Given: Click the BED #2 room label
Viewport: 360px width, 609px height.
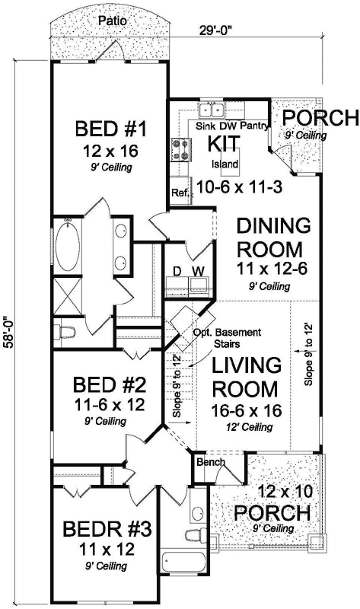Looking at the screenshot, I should pyautogui.click(x=116, y=382).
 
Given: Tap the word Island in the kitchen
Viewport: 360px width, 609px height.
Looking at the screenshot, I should pyautogui.click(x=225, y=164).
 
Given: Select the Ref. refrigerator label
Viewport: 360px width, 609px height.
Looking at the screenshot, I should pyautogui.click(x=180, y=193).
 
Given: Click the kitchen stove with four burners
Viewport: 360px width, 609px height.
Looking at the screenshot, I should pyautogui.click(x=183, y=148).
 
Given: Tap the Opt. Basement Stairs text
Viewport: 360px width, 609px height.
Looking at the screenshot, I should pyautogui.click(x=236, y=339).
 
